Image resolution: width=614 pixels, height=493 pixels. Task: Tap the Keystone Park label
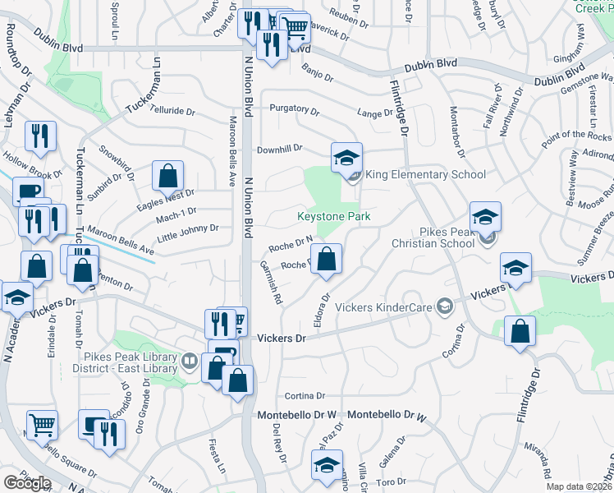[x=333, y=217]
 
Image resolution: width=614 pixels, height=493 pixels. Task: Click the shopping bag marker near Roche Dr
[x=327, y=259]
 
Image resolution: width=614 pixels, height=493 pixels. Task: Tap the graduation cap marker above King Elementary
[x=347, y=156]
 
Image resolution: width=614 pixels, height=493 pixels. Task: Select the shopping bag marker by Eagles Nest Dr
[x=167, y=176]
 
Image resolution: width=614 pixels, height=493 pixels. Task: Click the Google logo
[x=27, y=482]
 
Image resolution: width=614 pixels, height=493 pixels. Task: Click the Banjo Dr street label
[x=318, y=74]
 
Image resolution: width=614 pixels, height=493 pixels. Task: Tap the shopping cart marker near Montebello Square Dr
[x=42, y=425]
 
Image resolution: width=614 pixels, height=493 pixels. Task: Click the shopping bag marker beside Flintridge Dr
[x=521, y=332]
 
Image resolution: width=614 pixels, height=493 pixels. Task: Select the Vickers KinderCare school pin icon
[x=445, y=306]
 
